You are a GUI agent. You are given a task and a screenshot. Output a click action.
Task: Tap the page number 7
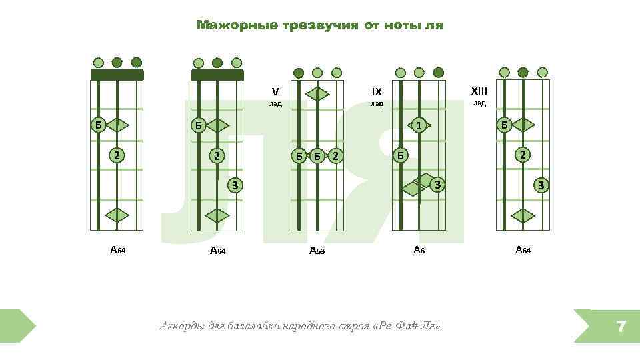click(621, 326)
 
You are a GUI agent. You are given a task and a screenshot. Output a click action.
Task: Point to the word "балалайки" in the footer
click(251, 327)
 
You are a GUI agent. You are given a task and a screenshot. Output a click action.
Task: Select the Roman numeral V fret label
click(275, 91)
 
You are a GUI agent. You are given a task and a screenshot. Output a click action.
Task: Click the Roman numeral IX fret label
click(377, 91)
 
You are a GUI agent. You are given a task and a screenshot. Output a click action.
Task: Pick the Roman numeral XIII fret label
click(479, 91)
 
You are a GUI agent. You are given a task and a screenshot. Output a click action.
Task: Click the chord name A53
click(317, 251)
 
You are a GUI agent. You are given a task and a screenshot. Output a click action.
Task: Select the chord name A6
click(419, 250)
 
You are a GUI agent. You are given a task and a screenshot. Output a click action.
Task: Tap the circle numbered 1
click(418, 125)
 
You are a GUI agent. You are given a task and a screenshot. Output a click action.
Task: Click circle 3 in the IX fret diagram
click(437, 183)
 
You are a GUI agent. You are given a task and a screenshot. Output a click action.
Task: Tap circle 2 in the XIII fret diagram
click(523, 155)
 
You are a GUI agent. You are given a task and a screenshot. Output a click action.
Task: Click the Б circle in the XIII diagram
click(505, 124)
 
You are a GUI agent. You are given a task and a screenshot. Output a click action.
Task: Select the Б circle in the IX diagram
click(399, 155)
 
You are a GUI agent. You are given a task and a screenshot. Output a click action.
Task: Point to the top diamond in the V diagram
click(317, 94)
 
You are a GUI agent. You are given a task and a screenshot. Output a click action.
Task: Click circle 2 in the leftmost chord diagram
click(117, 155)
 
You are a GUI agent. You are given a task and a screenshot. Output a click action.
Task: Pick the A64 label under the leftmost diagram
click(117, 251)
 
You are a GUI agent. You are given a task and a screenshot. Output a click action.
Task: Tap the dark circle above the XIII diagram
click(523, 72)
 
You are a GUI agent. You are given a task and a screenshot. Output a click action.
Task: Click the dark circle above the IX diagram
click(438, 72)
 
